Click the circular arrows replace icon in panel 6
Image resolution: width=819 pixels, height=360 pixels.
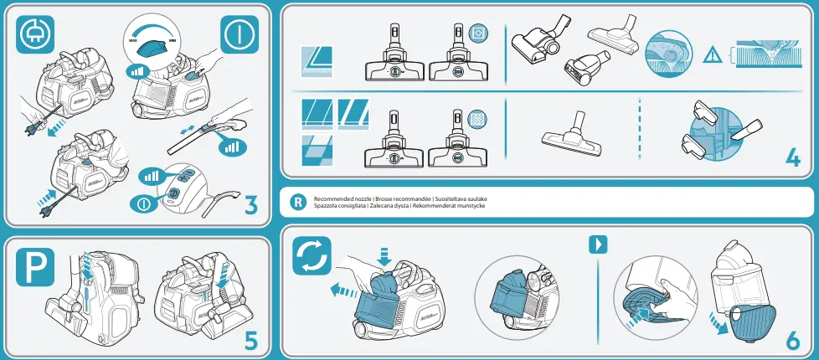pyautogui.click(x=312, y=255)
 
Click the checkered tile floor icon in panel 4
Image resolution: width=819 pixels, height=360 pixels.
pyautogui.click(x=317, y=149)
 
